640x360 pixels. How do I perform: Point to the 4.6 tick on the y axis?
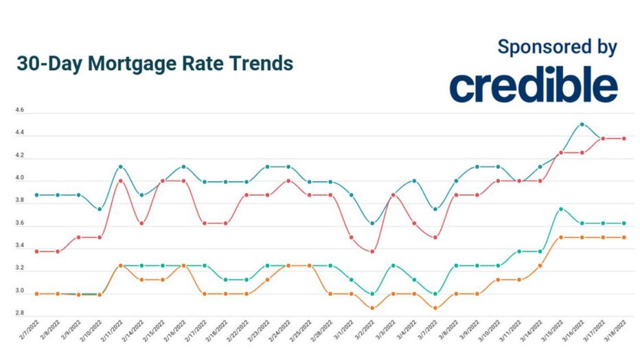coord(19,110)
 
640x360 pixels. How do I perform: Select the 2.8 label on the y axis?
coord(19,313)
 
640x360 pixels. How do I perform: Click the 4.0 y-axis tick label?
coord(19,178)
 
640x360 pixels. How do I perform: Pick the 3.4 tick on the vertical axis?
coord(19,246)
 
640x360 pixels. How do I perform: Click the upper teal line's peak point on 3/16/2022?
coord(582,124)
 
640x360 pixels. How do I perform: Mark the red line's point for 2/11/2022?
coord(120,181)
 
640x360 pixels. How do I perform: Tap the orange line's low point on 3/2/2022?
coord(372,308)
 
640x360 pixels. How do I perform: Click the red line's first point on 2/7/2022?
coord(36,251)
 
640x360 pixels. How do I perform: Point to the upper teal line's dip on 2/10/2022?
coord(100,209)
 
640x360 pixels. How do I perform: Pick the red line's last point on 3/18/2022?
coord(624,138)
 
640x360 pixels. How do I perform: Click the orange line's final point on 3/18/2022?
coord(624,237)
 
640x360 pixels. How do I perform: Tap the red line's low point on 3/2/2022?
coord(372,251)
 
